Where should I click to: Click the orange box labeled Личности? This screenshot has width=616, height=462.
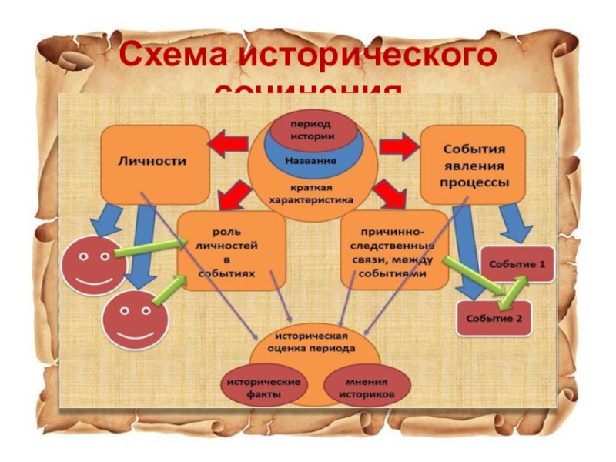(x=154, y=163)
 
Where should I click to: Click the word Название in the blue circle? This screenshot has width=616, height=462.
(x=311, y=161)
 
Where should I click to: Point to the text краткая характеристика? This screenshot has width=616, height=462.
(x=311, y=193)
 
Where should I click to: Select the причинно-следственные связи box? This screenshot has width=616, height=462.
(x=393, y=248)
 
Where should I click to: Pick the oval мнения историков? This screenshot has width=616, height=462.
(x=366, y=389)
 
